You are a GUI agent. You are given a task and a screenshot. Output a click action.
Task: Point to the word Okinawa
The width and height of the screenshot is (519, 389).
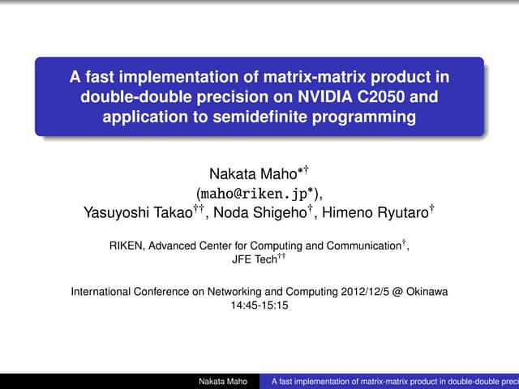pyautogui.click(x=427, y=291)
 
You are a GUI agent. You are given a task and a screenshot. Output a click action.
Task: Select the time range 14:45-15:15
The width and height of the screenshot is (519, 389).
pyautogui.click(x=259, y=306)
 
